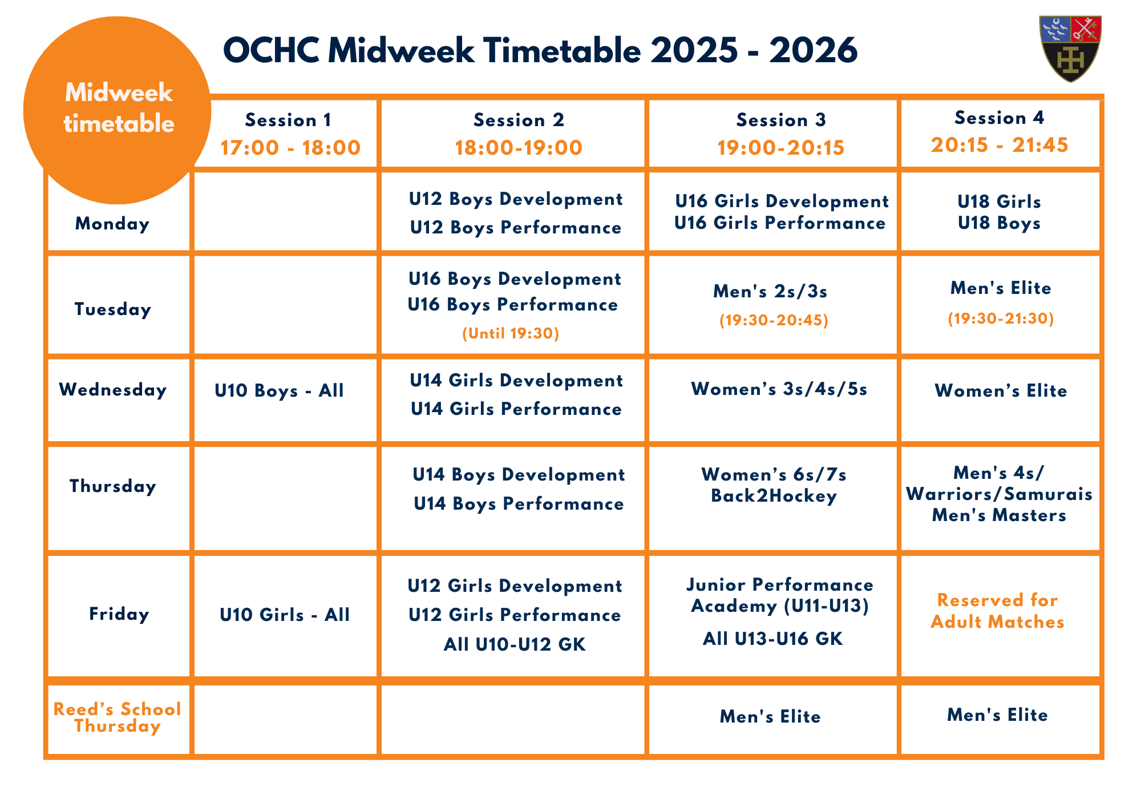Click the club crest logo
pyautogui.click(x=1070, y=49)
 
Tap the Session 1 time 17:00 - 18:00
pyautogui.click(x=290, y=148)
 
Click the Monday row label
pyautogui.click(x=112, y=223)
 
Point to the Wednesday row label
pyautogui.click(x=113, y=390)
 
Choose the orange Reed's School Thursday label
pyautogui.click(x=117, y=717)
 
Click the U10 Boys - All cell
pyautogui.click(x=279, y=390)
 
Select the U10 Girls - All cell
pyautogui.click(x=285, y=615)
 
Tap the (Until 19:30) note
pyautogui.click(x=511, y=333)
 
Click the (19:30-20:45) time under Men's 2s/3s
pyautogui.click(x=774, y=320)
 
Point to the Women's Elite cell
pyautogui.click(x=1001, y=391)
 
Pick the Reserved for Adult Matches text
pyautogui.click(x=998, y=611)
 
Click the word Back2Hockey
pyautogui.click(x=774, y=496)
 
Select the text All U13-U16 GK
pyautogui.click(x=772, y=638)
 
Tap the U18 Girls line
pyautogui.click(x=999, y=201)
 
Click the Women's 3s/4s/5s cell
pyautogui.click(x=779, y=389)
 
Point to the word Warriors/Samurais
pyautogui.click(x=1000, y=494)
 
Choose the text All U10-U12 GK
pyautogui.click(x=515, y=644)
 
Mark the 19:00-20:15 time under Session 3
pyautogui.click(x=780, y=148)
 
